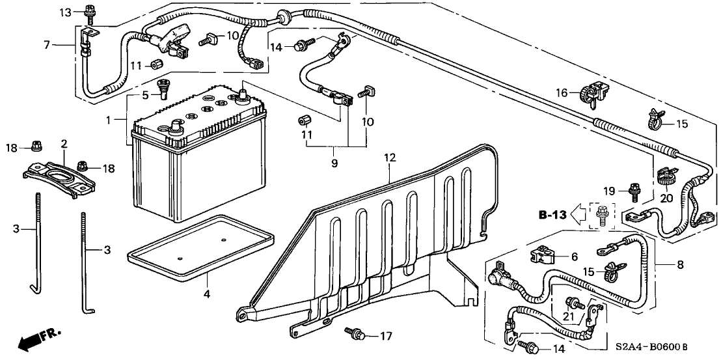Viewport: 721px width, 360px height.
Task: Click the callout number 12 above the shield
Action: pos(390,158)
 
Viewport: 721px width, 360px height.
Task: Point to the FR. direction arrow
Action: pos(39,339)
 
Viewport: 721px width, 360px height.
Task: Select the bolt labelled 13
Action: pos(87,11)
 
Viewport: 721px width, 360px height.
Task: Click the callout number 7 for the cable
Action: pos(47,45)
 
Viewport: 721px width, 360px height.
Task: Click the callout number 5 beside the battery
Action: pos(146,95)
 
